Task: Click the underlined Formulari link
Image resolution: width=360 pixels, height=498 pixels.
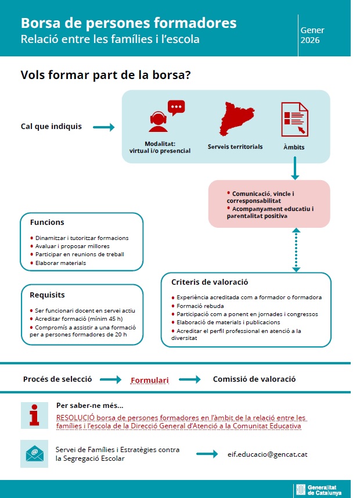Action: [149, 381]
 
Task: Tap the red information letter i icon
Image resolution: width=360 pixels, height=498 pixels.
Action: [34, 415]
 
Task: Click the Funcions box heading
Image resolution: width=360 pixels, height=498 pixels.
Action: [47, 223]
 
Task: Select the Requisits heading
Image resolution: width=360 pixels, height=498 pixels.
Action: [47, 295]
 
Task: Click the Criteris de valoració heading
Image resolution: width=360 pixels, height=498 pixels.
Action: [210, 282]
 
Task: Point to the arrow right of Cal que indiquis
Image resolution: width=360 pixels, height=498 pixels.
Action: [104, 127]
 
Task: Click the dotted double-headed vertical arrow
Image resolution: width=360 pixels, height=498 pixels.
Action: [296, 250]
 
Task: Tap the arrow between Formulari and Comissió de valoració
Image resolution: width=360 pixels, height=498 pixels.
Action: [190, 380]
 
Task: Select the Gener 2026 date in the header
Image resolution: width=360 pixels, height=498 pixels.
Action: [312, 35]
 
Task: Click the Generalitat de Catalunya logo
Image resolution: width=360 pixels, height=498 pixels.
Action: [322, 489]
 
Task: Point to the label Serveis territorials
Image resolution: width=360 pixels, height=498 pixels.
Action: [235, 146]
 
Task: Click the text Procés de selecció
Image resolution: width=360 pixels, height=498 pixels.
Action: [57, 379]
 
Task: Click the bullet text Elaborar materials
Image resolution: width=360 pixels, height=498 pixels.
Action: [60, 263]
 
